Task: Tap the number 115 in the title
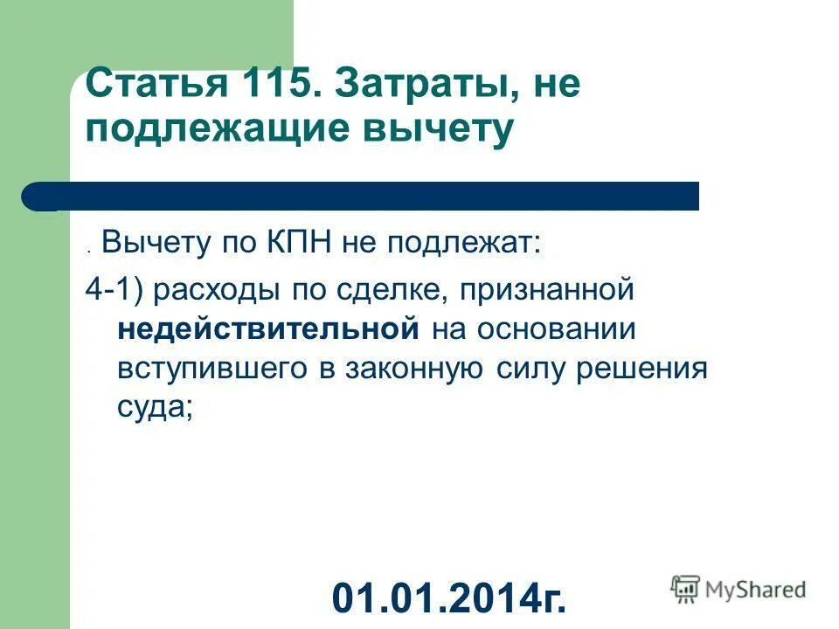click(264, 86)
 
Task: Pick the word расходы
click(206, 291)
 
